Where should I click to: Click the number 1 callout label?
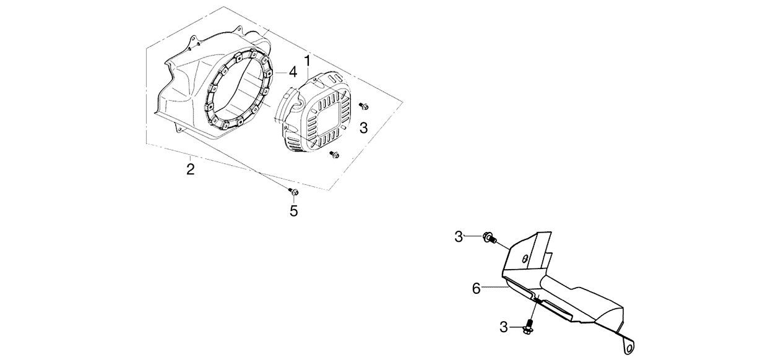coord(308,62)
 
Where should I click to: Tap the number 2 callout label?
coord(191,169)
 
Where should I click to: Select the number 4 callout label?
coord(293,72)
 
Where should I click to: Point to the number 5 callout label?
coord(294,211)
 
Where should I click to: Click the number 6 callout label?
coord(477,288)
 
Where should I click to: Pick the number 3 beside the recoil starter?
coord(363,128)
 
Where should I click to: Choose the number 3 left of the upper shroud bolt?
coord(459,237)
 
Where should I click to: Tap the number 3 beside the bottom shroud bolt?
coord(504,327)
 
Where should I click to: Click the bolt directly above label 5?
coord(294,192)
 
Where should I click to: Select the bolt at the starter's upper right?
coord(364,106)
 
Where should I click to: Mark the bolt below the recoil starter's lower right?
coord(335,155)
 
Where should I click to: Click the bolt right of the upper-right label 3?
coord(489,238)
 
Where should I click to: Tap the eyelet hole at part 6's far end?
coord(630,348)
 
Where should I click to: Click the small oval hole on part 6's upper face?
coord(525,259)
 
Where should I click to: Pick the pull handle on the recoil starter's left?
coord(284,105)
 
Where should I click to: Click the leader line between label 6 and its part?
coord(494,288)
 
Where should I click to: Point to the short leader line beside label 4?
coord(280,73)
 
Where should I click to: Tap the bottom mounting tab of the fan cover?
coord(179,128)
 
